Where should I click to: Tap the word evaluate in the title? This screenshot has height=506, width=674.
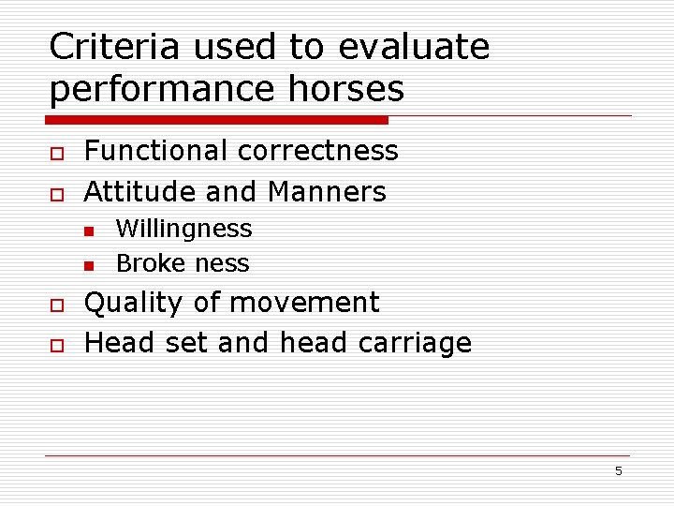pos(414,46)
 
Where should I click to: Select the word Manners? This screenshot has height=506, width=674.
pos(327,192)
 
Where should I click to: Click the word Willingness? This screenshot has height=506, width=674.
pos(183,230)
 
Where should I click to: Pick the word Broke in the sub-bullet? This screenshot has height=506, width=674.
pos(146,263)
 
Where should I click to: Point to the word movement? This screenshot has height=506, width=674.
pos(304,304)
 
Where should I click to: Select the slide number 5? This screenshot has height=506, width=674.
pos(618,471)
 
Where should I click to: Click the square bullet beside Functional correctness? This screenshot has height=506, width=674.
pos(56,153)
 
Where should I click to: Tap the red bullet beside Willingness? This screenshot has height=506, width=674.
pos(89,231)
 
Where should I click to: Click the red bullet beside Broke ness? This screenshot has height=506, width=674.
pos(89,266)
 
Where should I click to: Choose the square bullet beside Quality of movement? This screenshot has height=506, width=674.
pos(56,305)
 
